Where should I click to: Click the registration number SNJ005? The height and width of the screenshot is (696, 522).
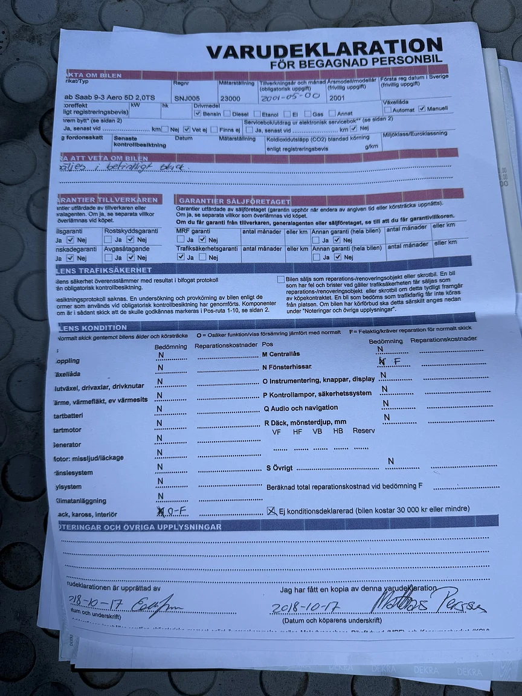(x=186, y=97)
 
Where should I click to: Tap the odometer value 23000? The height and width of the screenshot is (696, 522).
(x=230, y=98)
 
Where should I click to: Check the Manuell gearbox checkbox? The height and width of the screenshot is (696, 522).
(x=422, y=109)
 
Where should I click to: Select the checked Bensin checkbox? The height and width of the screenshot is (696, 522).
(x=198, y=113)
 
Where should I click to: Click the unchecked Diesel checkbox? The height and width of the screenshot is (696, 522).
(x=227, y=113)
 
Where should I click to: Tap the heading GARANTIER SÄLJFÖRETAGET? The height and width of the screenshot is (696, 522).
(x=234, y=201)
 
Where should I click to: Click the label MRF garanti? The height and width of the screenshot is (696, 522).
(x=193, y=231)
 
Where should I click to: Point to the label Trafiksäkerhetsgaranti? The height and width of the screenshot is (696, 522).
(x=207, y=248)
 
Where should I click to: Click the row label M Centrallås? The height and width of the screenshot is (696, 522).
(x=280, y=354)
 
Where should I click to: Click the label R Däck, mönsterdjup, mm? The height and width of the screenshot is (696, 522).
(x=305, y=422)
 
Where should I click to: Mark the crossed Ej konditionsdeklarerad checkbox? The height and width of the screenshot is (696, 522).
(x=272, y=511)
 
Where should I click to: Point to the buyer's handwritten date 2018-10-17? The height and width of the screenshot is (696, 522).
(x=305, y=607)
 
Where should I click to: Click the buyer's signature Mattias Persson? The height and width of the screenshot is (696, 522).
(x=427, y=601)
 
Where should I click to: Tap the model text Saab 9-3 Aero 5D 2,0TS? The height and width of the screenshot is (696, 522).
(x=108, y=98)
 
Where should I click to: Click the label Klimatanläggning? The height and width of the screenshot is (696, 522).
(x=80, y=501)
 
